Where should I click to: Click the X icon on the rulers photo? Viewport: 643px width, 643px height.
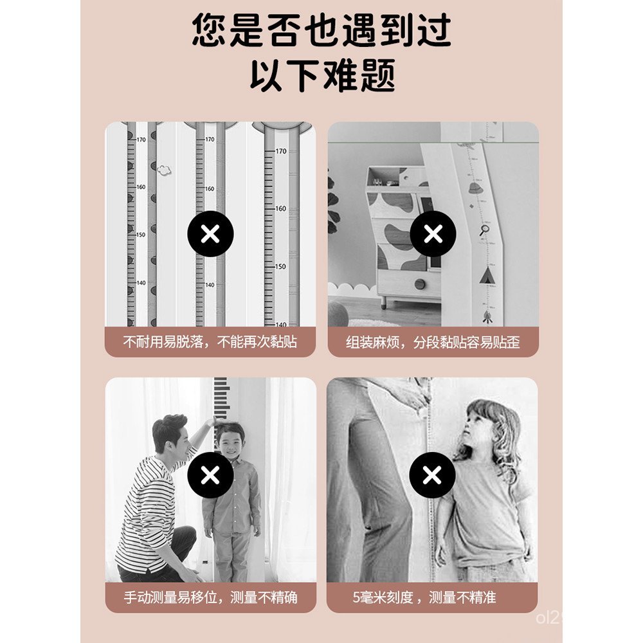click(210, 234)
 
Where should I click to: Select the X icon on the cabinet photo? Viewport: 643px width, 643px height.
click(433, 234)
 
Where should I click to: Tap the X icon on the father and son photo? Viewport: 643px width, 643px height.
click(210, 475)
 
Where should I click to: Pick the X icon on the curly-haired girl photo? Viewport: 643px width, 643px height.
click(433, 475)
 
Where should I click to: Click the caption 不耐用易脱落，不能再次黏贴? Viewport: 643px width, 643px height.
click(210, 341)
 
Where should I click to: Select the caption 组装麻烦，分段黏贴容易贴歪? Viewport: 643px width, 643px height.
click(433, 341)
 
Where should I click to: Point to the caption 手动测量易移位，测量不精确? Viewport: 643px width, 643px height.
click(210, 597)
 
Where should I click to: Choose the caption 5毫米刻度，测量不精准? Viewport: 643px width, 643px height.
click(433, 597)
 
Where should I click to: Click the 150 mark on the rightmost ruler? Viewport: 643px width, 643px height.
click(281, 266)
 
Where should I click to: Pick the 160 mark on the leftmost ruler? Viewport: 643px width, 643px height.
click(140, 187)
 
